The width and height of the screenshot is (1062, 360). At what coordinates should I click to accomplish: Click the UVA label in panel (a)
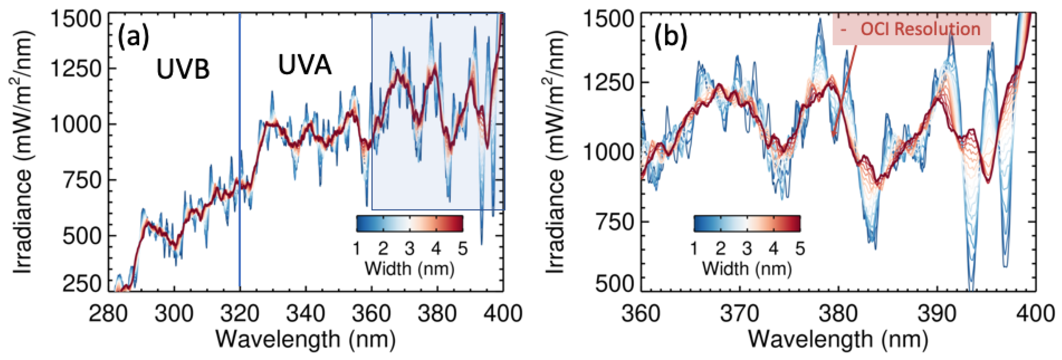(305, 65)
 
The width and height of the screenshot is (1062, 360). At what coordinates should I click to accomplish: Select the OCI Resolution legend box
(911, 29)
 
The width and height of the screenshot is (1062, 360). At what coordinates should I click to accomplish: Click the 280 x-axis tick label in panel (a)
(109, 314)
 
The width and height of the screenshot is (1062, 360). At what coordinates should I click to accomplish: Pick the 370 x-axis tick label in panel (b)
(739, 314)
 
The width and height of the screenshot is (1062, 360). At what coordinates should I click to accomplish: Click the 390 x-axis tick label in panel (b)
(937, 314)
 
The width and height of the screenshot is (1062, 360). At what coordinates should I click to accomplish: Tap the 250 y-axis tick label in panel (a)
(82, 284)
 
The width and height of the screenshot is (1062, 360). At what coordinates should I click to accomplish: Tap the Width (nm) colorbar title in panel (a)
(409, 269)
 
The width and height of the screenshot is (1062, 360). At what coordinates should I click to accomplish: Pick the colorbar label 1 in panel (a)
(357, 249)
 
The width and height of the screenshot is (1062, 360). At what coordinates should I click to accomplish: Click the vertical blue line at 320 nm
(240, 165)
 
